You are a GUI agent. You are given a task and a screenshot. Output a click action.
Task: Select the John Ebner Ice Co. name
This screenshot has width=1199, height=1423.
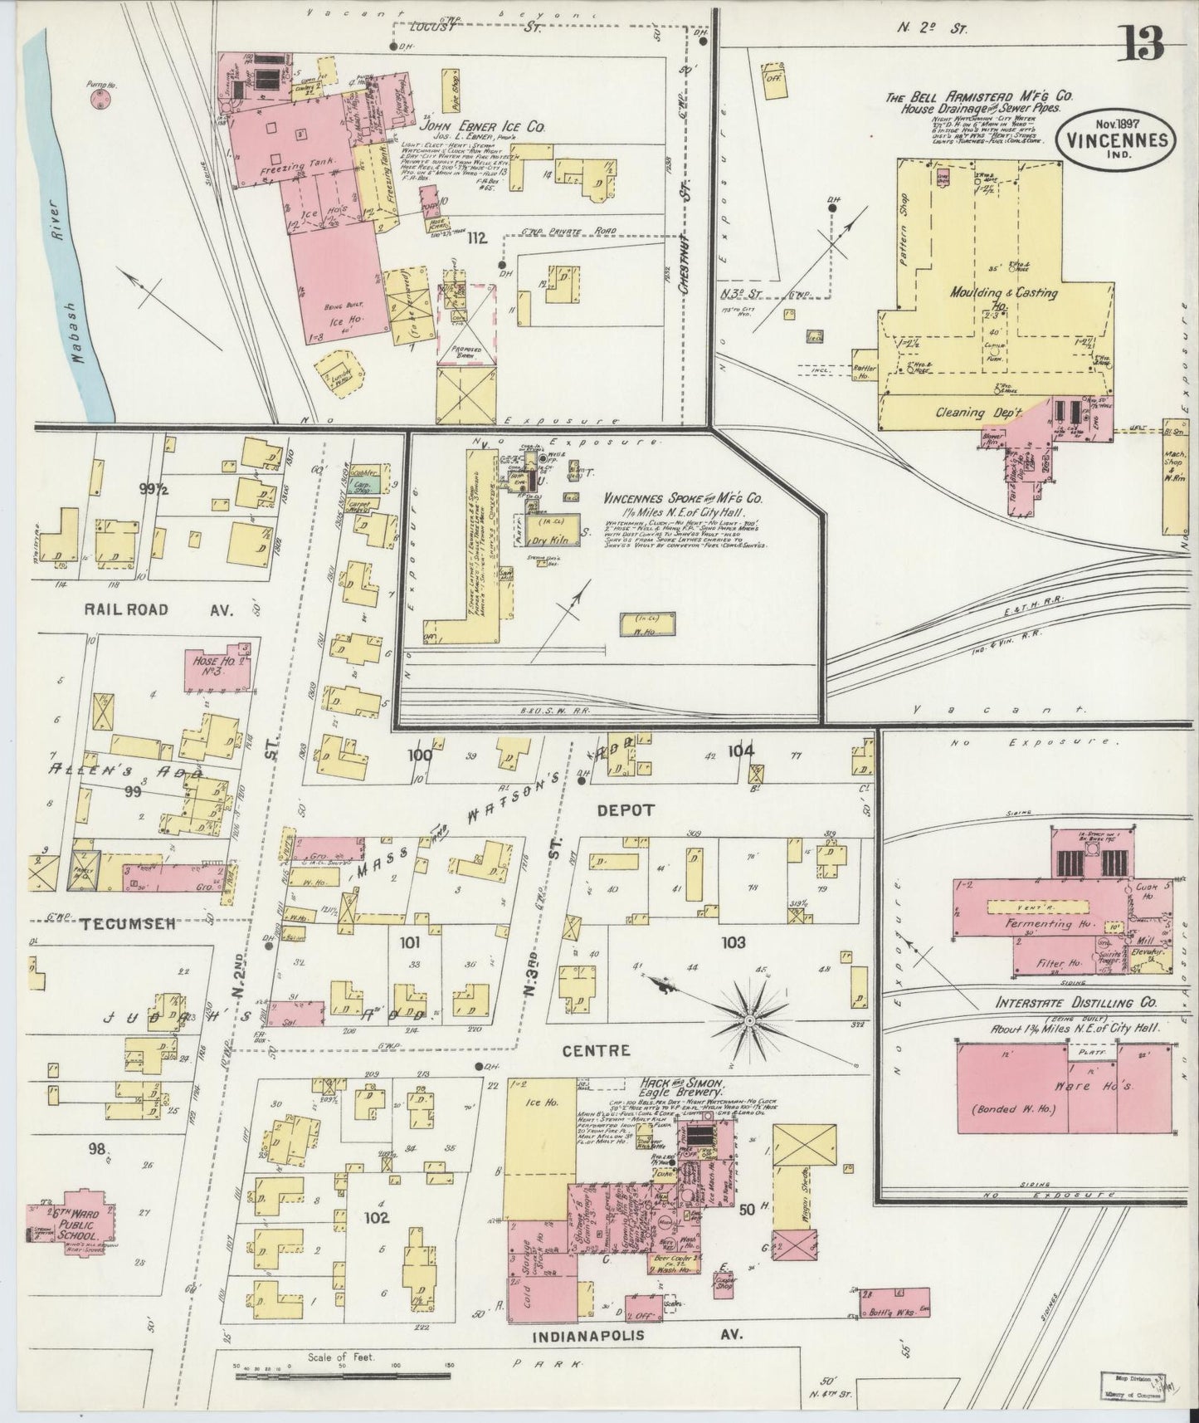click(481, 127)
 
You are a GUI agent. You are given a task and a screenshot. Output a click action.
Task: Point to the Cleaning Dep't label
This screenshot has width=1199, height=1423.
click(972, 413)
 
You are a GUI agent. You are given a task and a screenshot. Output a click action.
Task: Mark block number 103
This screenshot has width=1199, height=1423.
click(734, 942)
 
